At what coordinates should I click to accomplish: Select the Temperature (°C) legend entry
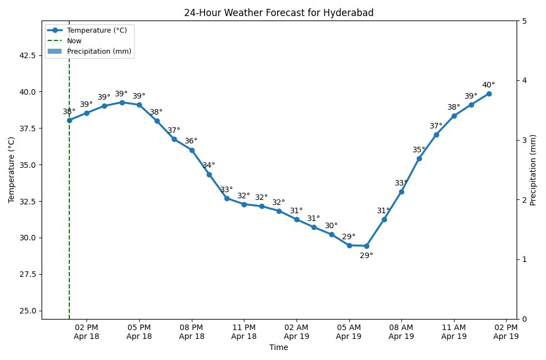(x=97, y=30)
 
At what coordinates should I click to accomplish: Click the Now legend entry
(x=74, y=40)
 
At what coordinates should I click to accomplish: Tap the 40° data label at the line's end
(x=488, y=85)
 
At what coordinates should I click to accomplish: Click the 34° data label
(x=209, y=166)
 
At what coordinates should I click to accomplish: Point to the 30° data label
(x=331, y=226)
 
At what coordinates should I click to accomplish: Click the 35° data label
(x=419, y=150)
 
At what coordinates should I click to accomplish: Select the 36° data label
(x=191, y=141)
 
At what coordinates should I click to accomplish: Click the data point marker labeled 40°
(x=488, y=94)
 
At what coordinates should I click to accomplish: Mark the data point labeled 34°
(x=209, y=174)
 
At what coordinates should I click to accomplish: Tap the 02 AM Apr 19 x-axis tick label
(x=297, y=331)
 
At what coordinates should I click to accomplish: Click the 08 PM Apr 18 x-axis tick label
(x=192, y=331)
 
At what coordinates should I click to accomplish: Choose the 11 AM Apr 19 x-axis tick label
(x=454, y=331)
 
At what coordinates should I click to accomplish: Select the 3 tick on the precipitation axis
(x=524, y=140)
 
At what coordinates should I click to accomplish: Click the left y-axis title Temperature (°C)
(x=11, y=170)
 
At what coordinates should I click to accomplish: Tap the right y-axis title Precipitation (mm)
(x=533, y=170)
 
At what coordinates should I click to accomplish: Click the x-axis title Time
(x=279, y=348)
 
